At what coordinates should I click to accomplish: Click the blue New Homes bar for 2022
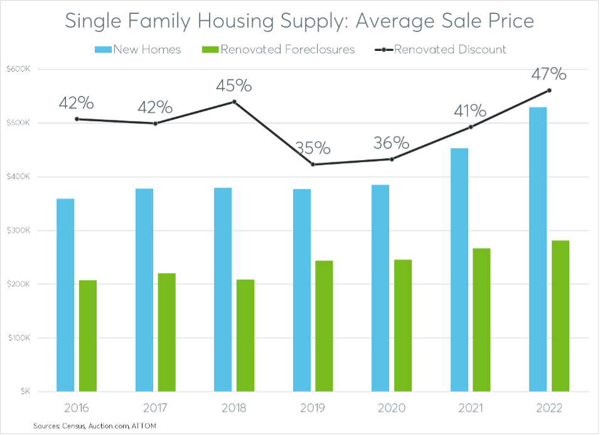pos(538,249)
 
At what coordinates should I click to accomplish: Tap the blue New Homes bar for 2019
pos(302,290)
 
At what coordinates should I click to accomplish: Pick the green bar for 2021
pos(481,320)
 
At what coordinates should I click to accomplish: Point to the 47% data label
pos(549,74)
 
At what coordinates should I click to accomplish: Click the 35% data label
pos(313,148)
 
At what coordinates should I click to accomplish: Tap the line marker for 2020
pos(392,159)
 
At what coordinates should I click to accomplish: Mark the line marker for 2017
pos(156,123)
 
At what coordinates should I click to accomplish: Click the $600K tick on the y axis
pos(19,69)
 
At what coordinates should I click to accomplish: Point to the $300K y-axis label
pos(19,230)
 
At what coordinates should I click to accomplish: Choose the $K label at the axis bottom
pos(24,392)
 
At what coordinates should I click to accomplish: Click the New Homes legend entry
pos(146,49)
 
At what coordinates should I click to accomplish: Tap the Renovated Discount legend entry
pos(449,49)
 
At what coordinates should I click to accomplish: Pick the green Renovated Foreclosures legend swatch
pos(211,49)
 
